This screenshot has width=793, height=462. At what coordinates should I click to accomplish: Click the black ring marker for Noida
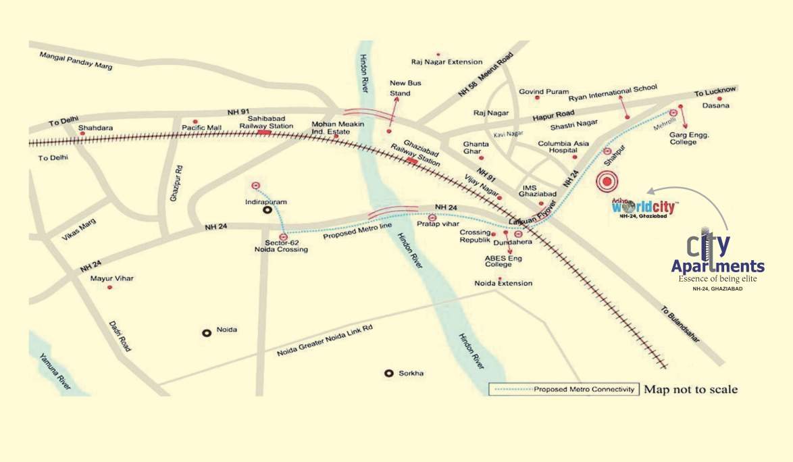coord(207,332)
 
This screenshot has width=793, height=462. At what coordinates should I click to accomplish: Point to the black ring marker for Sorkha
coord(388,373)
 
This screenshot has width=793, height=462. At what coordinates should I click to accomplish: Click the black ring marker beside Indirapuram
coord(267,210)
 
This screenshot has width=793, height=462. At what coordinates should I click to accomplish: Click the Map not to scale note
coord(690,390)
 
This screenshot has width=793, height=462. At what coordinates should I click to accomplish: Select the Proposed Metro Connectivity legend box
coord(563,390)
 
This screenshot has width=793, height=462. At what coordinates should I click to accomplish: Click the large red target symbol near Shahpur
coord(607,180)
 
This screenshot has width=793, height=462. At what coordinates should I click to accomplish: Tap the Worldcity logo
coord(644,207)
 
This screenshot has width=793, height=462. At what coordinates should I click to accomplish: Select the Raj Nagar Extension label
coord(446,61)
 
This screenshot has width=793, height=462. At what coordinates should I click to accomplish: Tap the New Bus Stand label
coord(400,88)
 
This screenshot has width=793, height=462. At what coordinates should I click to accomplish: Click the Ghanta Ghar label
coord(476,147)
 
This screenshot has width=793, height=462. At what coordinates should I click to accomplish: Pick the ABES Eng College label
coord(498,261)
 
